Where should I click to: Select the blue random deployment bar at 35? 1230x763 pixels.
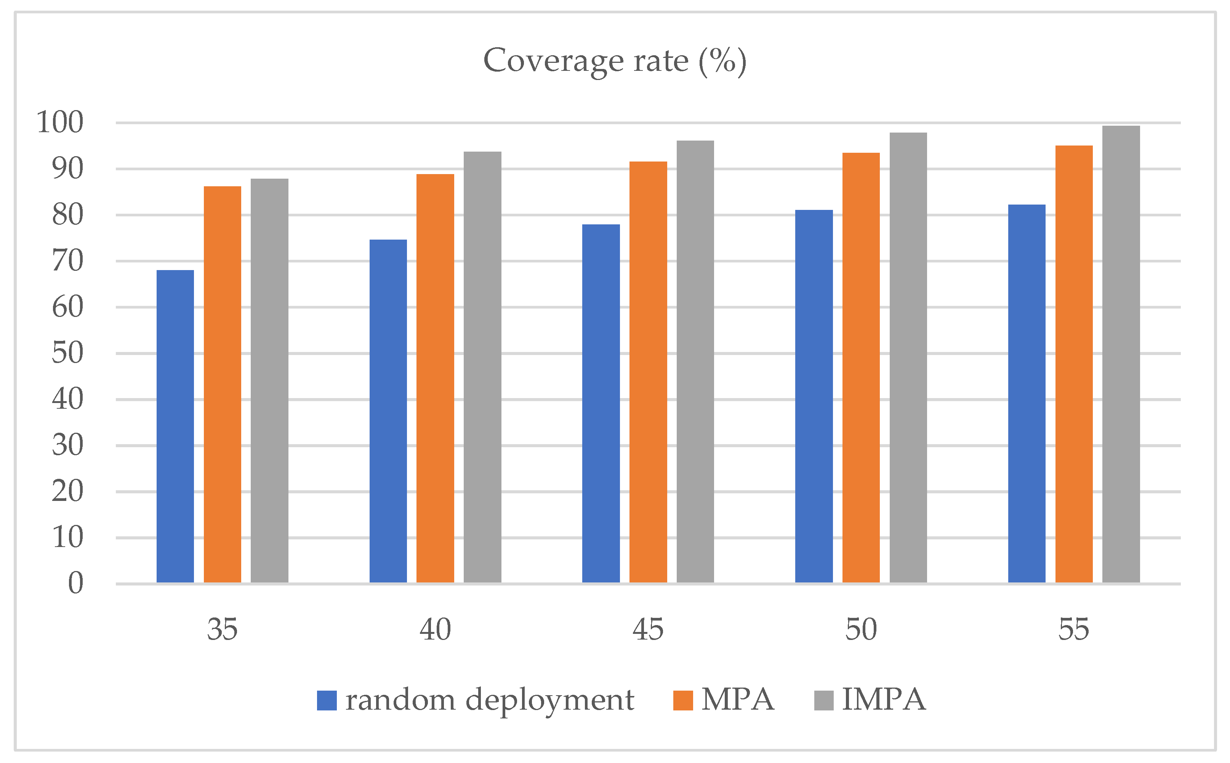175,426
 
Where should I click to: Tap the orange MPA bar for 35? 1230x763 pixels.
223,384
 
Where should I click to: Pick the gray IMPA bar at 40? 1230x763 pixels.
482,367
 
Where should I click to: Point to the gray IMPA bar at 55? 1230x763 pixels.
1121,354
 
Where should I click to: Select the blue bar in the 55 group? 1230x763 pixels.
1027,393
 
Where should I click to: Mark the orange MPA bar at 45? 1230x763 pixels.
648,372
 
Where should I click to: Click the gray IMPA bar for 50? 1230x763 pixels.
908,357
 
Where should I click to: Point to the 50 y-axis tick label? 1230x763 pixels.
67,353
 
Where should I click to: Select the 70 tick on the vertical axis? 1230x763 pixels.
67,261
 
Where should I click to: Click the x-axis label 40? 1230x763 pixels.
435,629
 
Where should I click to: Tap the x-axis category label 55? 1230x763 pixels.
1073,629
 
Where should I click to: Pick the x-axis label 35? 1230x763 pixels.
222,629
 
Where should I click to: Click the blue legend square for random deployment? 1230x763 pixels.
327,701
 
